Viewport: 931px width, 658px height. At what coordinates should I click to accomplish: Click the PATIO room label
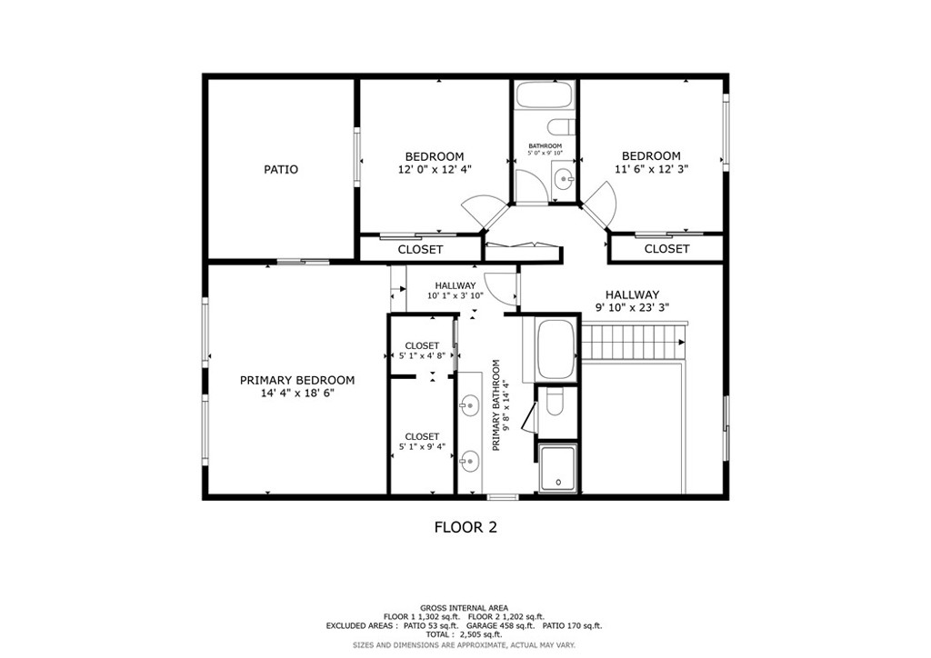click(281, 169)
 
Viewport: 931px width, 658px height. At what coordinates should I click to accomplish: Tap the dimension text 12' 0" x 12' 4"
click(435, 169)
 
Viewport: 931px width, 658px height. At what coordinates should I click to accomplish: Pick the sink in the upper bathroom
click(564, 177)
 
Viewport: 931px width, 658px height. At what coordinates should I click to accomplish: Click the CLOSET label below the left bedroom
click(420, 249)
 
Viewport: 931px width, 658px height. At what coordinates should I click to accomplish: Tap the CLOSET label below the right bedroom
click(666, 249)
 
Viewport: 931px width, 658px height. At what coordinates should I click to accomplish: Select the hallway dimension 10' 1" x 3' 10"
click(455, 296)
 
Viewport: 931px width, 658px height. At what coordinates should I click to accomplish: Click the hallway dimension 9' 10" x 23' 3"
click(632, 307)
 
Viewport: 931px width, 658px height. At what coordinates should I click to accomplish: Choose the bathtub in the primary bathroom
click(554, 349)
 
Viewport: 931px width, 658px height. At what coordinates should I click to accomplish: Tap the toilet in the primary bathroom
click(555, 402)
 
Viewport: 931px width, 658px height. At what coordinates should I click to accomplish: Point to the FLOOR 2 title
click(465, 526)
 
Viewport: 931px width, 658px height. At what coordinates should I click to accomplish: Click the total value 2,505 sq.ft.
click(486, 634)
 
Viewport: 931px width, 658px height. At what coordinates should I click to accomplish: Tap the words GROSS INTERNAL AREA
click(464, 607)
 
